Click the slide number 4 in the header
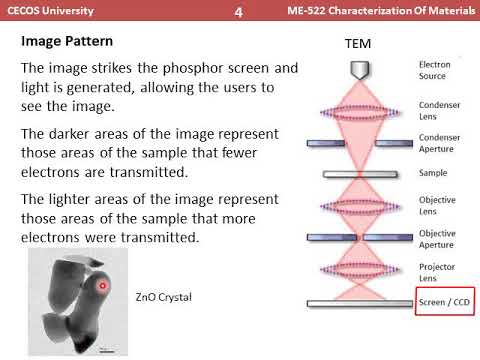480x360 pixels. coord(239,12)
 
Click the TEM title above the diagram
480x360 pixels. coord(358,46)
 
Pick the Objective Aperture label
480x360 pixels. coord(439,240)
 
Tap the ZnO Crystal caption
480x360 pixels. coord(164,297)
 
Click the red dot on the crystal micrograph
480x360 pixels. coord(102,287)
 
